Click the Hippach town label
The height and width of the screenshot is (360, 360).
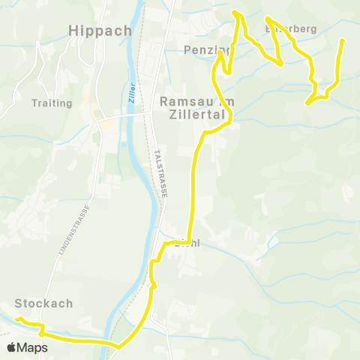coord(100,31)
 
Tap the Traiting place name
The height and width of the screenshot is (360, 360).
coord(52,103)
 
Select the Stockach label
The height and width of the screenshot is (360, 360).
coord(44,303)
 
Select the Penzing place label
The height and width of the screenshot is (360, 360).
coord(206,50)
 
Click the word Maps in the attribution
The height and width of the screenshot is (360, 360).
coord(34,347)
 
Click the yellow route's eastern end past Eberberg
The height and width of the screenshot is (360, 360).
coord(343,40)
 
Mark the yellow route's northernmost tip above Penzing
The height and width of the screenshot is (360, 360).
coord(235,12)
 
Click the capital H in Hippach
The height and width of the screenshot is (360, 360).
coord(73,31)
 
